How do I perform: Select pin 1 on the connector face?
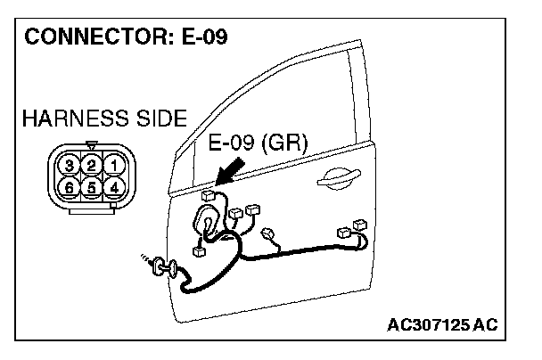112,165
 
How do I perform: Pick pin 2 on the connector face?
91,165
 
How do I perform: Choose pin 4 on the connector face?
112,186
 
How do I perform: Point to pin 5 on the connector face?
91,186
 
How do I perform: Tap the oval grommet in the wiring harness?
207,218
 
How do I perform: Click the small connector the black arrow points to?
208,193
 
